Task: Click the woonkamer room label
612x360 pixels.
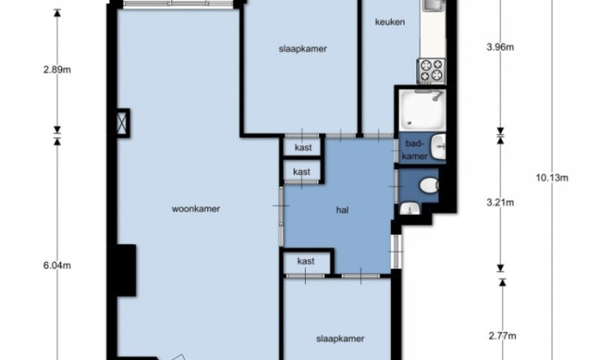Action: pyautogui.click(x=196, y=208)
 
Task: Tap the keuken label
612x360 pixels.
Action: pyautogui.click(x=389, y=22)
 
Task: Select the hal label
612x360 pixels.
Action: pyautogui.click(x=342, y=210)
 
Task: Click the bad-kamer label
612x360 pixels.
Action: pyautogui.click(x=414, y=150)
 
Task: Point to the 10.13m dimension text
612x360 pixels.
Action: pyautogui.click(x=552, y=178)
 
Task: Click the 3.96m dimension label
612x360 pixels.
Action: pyautogui.click(x=500, y=47)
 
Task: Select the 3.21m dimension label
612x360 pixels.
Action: pyautogui.click(x=500, y=202)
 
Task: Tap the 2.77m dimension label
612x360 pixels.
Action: pyautogui.click(x=503, y=336)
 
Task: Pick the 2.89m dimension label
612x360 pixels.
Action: pyautogui.click(x=57, y=70)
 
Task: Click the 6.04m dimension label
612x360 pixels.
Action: pyautogui.click(x=57, y=265)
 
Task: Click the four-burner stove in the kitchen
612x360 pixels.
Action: pyautogui.click(x=432, y=70)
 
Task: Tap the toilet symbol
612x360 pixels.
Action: pyautogui.click(x=429, y=185)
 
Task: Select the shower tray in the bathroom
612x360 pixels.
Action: pyautogui.click(x=422, y=110)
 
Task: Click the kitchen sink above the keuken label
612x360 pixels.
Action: pyautogui.click(x=433, y=5)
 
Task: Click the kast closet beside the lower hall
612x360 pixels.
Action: pyautogui.click(x=307, y=262)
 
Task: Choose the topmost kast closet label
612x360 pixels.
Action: pyautogui.click(x=304, y=147)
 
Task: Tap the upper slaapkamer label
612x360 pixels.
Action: pyautogui.click(x=303, y=49)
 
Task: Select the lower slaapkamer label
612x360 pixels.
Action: pyautogui.click(x=340, y=339)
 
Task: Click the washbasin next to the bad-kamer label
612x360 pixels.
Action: pyautogui.click(x=438, y=147)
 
